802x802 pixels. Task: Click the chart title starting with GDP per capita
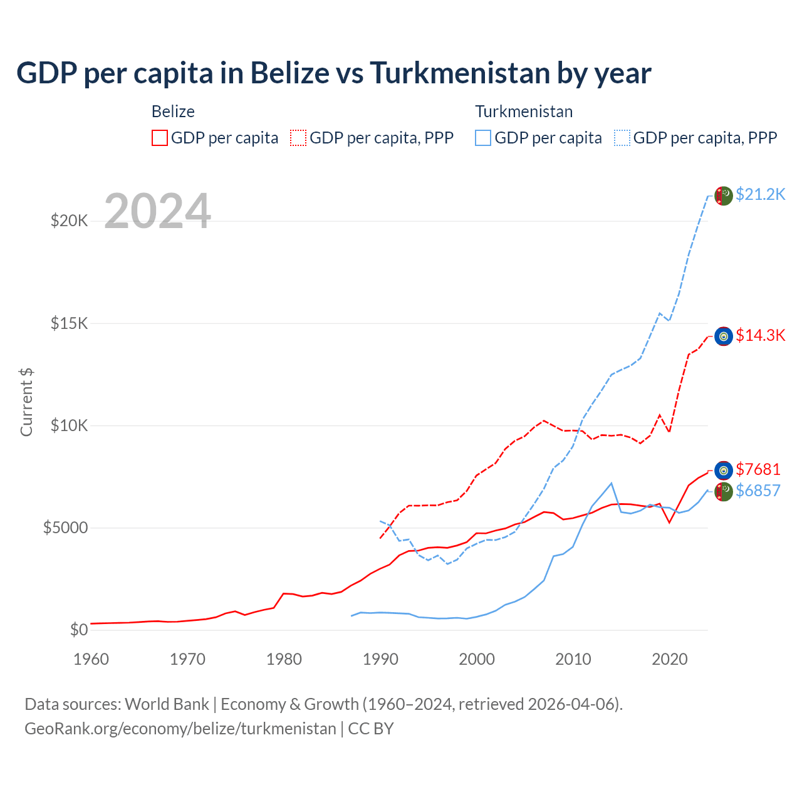333,73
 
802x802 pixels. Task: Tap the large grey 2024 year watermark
157,212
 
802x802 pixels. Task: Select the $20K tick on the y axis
69,221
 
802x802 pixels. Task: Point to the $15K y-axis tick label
69,324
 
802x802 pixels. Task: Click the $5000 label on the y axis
65,528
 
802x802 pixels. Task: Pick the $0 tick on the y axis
78,630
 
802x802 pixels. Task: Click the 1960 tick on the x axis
91,659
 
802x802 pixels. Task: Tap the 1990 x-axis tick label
380,659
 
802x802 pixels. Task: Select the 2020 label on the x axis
670,659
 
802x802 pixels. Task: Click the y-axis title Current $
26,402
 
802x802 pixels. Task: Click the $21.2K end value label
760,195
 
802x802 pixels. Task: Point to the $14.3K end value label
760,336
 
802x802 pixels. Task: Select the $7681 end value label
758,470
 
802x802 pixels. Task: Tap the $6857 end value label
758,491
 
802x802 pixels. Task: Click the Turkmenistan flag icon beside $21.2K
724,195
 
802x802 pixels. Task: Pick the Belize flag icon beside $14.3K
724,336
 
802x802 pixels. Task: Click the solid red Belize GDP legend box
160,138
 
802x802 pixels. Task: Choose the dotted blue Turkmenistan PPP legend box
622,138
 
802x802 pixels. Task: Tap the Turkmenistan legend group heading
524,112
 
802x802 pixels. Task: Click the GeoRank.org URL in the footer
180,729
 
